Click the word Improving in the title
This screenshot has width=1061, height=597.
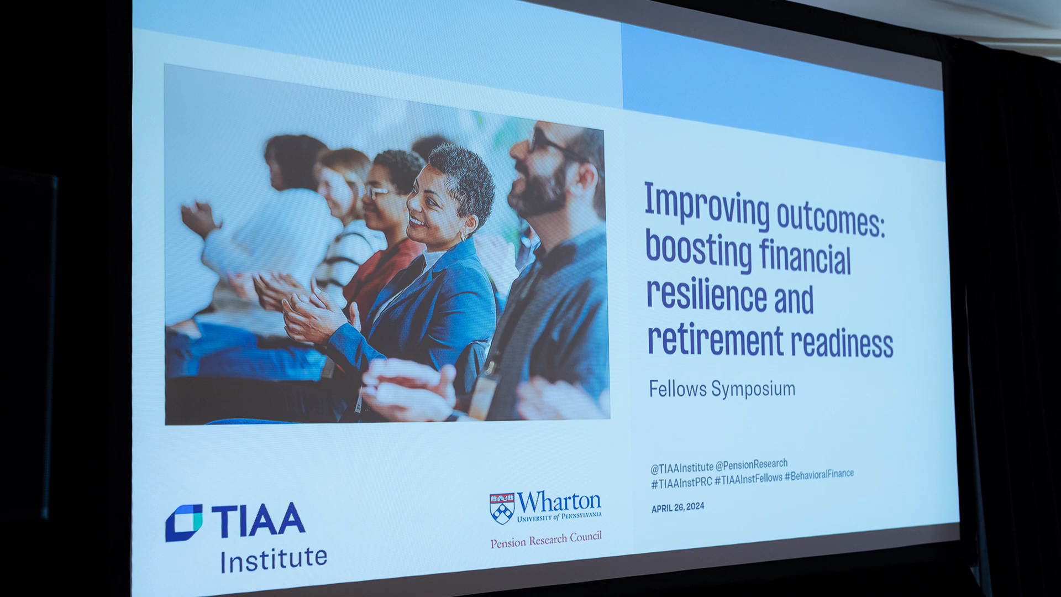707,205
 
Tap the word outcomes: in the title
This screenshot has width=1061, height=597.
831,218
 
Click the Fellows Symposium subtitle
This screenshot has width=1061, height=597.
722,389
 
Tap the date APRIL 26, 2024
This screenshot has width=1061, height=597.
677,507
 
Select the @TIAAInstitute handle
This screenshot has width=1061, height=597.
681,468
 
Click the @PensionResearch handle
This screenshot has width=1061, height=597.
752,465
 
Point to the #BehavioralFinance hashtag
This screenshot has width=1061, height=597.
820,475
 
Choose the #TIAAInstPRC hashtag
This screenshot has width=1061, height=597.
681,483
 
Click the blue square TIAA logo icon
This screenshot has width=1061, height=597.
184,522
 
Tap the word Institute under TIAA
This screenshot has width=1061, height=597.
274,560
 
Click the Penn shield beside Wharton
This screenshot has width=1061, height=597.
502,508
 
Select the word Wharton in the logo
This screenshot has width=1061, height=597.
559,502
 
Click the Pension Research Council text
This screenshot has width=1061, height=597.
546,540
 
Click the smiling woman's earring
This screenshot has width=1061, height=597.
464,235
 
